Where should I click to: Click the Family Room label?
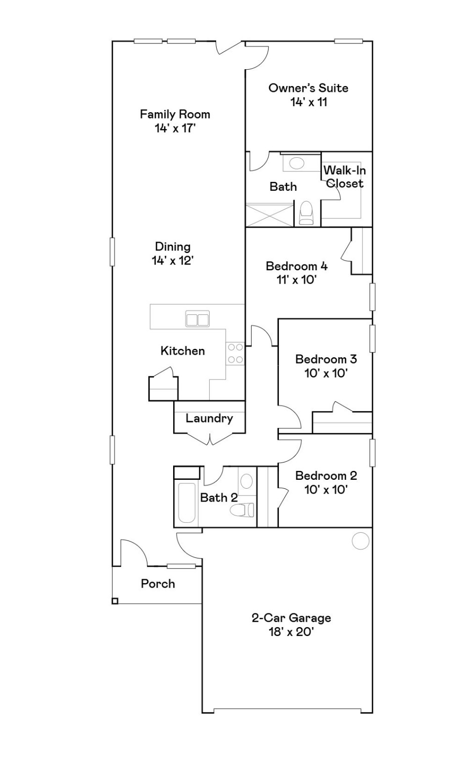[x=175, y=114]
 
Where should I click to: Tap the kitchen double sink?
[x=197, y=319]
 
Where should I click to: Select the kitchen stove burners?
[x=235, y=353]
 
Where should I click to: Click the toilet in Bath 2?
[x=243, y=509]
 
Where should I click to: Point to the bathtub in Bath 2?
[x=186, y=503]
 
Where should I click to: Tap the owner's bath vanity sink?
[x=297, y=163]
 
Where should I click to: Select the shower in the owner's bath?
[x=270, y=215]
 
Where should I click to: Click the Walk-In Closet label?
[x=345, y=177]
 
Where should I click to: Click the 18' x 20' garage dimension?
[x=291, y=632]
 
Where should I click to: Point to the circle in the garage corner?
[x=361, y=541]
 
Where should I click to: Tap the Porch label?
[x=158, y=584]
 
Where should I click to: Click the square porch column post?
[x=115, y=601]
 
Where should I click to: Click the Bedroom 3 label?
[x=326, y=359]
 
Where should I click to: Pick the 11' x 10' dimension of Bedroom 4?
[x=296, y=280]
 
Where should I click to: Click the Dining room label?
[x=173, y=247]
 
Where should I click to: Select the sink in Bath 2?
[x=246, y=481]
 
